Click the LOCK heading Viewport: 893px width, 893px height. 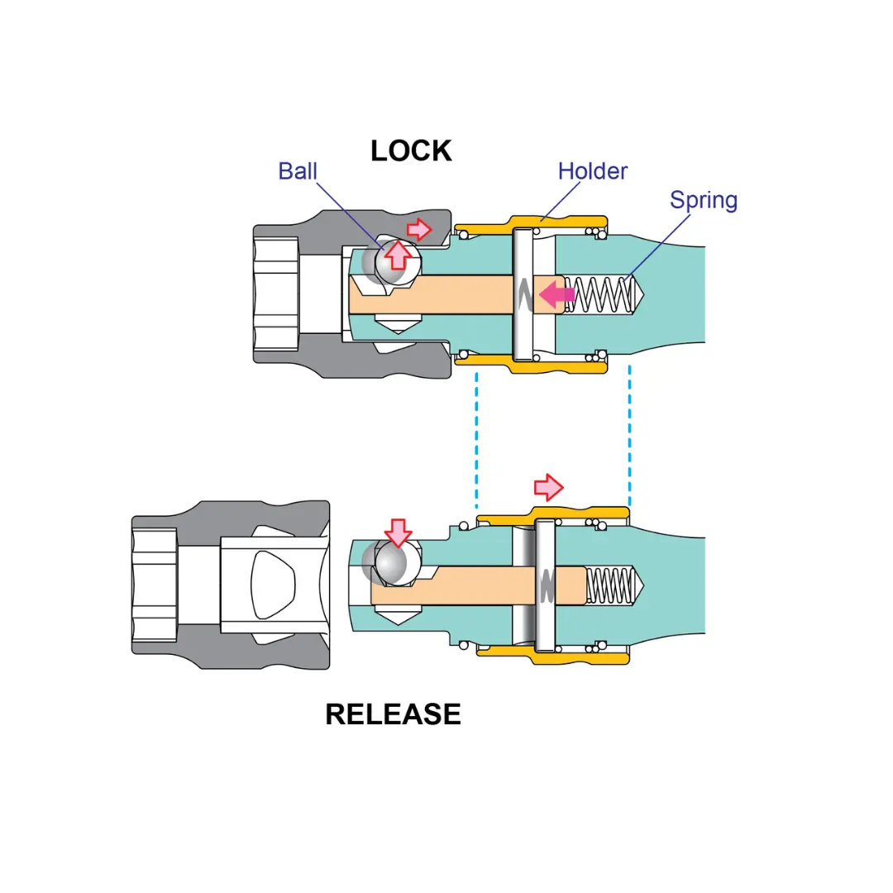[x=411, y=151]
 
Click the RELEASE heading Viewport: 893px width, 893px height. [x=393, y=714]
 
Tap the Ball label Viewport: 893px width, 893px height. [x=298, y=171]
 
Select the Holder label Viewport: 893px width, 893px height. [x=592, y=171]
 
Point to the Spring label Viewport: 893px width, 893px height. [x=704, y=200]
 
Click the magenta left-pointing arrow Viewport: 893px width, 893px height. [x=557, y=294]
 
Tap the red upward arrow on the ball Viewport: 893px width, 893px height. [x=398, y=255]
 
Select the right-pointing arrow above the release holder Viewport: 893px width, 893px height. [x=548, y=488]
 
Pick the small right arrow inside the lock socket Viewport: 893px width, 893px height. [x=419, y=230]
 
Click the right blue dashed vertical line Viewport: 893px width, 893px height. [x=629, y=436]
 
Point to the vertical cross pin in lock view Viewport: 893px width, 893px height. [x=523, y=294]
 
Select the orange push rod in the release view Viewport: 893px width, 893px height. [x=479, y=585]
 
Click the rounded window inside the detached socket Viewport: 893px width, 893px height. [x=274, y=585]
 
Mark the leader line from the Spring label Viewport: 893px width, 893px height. [x=657, y=247]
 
